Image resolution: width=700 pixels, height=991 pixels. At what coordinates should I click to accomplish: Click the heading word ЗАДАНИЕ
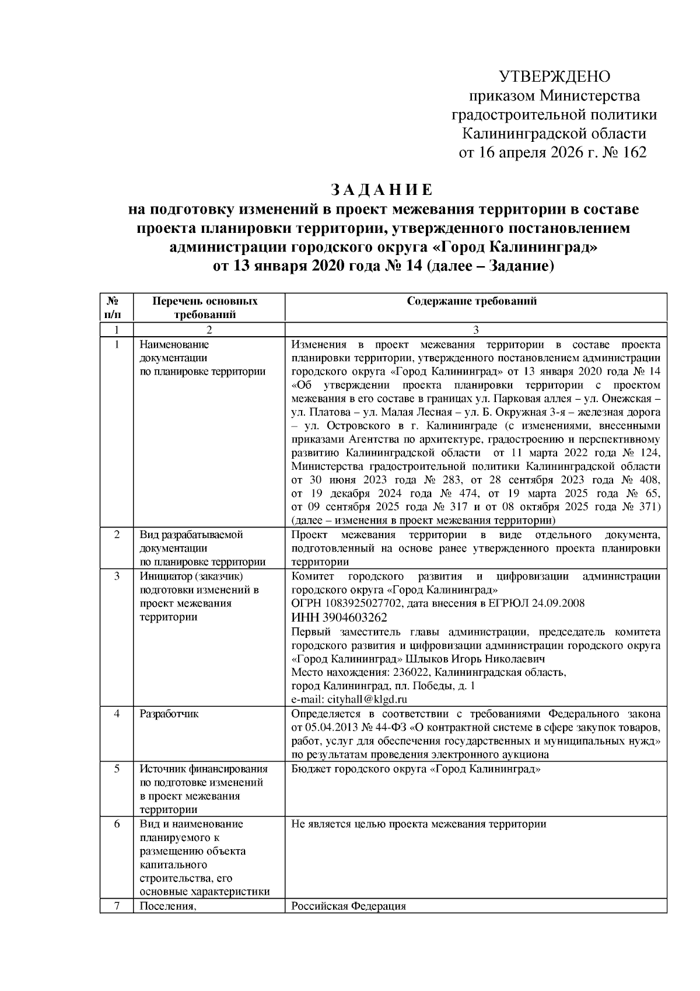(382, 190)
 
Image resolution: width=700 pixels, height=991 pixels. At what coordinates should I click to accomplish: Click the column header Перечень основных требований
(205, 308)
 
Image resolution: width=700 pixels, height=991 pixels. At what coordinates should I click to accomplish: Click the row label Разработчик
(169, 714)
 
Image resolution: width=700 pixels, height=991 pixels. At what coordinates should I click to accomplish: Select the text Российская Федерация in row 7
(348, 906)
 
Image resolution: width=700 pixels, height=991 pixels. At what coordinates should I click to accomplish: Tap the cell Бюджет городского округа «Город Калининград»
(415, 769)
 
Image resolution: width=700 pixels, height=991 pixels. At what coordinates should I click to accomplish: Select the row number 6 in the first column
(117, 824)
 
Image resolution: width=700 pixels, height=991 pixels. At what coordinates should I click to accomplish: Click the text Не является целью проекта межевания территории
(418, 824)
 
